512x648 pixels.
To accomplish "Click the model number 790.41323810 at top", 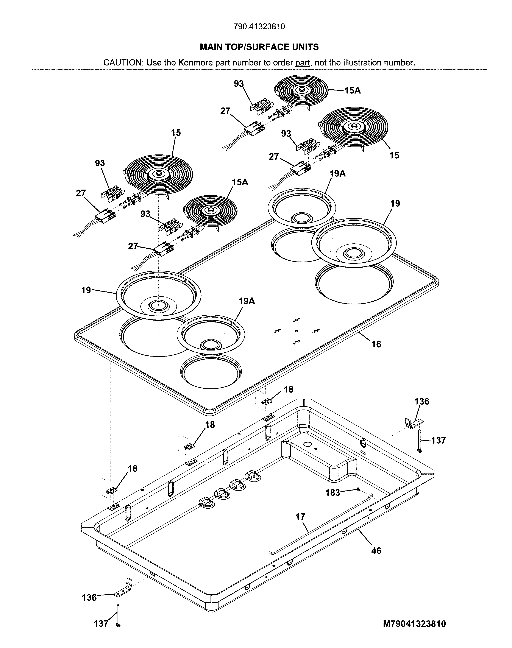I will tap(259, 27).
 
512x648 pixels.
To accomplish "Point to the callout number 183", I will tap(333, 492).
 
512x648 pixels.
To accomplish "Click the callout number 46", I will tap(376, 551).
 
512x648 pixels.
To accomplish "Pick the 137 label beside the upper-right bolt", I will tap(438, 440).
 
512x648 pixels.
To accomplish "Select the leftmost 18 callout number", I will tap(133, 469).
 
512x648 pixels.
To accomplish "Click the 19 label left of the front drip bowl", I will tap(86, 290).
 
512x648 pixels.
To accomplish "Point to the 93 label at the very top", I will tap(239, 84).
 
